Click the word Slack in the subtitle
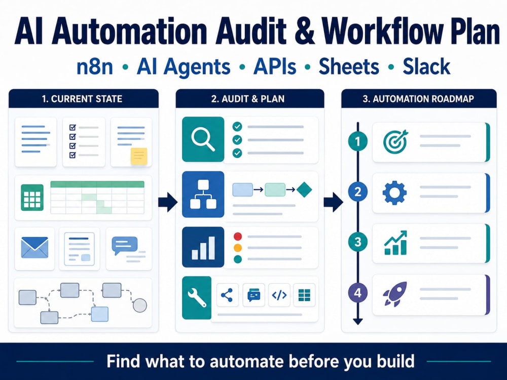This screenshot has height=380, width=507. click(426, 66)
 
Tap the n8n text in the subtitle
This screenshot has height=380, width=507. click(95, 66)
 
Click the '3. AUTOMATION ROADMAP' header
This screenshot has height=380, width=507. click(419, 99)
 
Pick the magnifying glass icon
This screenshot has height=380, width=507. click(203, 139)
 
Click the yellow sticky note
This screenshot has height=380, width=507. click(139, 157)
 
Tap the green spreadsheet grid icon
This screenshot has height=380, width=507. click(32, 198)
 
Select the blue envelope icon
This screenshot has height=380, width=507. click(34, 248)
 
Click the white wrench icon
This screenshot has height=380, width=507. click(197, 297)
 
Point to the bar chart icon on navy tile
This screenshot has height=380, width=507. click(203, 248)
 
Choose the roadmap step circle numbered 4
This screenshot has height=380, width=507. click(357, 293)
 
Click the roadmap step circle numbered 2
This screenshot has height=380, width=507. click(357, 192)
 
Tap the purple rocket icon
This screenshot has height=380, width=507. click(395, 294)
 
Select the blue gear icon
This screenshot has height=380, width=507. click(394, 193)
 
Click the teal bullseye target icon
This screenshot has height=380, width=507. click(395, 141)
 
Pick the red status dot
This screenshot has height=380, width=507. click(238, 236)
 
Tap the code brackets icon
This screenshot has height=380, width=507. click(279, 295)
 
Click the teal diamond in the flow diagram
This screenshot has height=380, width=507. click(304, 189)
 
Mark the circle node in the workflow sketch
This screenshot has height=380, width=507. click(140, 305)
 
